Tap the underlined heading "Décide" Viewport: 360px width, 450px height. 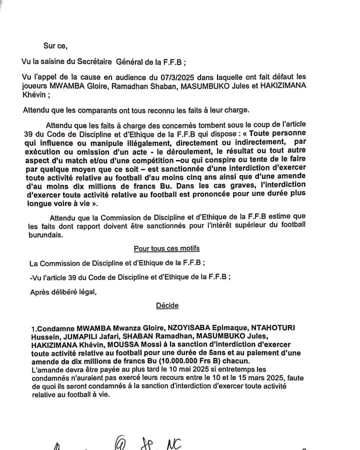(167, 305)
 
